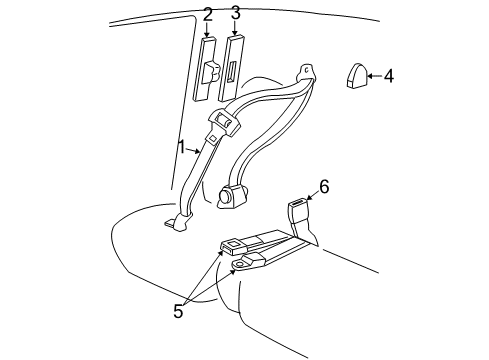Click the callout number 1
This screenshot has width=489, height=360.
click(x=182, y=147)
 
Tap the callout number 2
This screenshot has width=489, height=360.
click(x=207, y=14)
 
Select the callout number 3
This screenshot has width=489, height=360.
click(x=235, y=13)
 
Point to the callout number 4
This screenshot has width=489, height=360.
click(x=388, y=76)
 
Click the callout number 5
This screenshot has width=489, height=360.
click(x=178, y=311)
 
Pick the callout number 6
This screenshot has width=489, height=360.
click(x=324, y=186)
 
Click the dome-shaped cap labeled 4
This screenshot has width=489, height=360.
click(x=356, y=75)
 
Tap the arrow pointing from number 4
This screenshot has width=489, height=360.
click(x=374, y=76)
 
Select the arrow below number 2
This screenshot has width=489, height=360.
click(x=207, y=30)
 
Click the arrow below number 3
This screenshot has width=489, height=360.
click(x=235, y=28)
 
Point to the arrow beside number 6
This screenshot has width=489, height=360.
click(x=313, y=195)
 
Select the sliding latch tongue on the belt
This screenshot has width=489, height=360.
click(x=223, y=125)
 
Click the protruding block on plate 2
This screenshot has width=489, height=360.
click(x=211, y=72)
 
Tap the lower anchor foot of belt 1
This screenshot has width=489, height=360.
click(x=178, y=222)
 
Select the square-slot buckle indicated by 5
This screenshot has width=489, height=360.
click(x=233, y=246)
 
